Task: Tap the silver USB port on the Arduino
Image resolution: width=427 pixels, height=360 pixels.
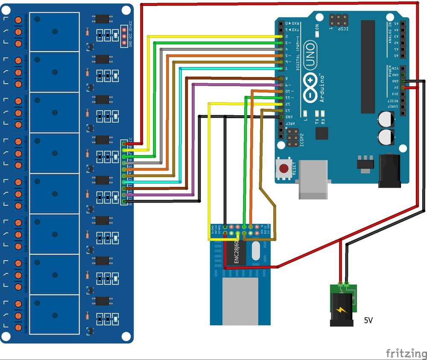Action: pos(313,179)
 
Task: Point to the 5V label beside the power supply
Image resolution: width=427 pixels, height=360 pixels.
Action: pos(368,319)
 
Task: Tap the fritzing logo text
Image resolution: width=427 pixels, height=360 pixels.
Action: pos(406,353)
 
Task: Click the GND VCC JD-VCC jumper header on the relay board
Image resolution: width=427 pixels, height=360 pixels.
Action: pos(124,36)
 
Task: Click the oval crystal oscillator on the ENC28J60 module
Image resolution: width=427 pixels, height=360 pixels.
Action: pos(256,252)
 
